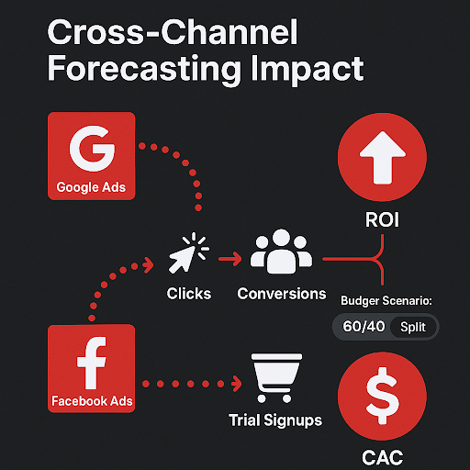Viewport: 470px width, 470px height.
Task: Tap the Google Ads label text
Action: coord(91,187)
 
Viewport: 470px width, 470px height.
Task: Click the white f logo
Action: coord(92,363)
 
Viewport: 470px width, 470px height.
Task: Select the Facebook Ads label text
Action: coord(92,401)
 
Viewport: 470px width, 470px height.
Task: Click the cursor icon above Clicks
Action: coord(188,252)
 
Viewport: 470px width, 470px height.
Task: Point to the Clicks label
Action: coord(189,294)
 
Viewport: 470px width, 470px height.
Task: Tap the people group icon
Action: coord(281,252)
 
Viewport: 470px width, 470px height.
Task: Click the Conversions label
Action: coord(282,294)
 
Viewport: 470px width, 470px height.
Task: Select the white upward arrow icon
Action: coord(383,158)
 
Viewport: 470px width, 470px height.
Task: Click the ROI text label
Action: coord(382,219)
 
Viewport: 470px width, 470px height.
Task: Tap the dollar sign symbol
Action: coord(383,396)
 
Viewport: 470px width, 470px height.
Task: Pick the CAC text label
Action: coord(382,458)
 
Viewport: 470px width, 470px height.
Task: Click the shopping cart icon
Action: coord(276,378)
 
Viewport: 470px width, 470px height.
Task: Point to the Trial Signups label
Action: coord(275,420)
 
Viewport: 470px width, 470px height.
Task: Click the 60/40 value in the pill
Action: coord(364,327)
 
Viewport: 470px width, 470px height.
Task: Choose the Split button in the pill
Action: coord(413,327)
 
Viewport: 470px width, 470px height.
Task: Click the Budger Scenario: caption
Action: coord(386,300)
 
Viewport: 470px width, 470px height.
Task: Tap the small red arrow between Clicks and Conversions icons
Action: coord(229,259)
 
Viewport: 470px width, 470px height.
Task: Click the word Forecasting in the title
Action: coord(144,69)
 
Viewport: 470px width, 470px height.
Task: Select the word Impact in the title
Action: coord(308,69)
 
